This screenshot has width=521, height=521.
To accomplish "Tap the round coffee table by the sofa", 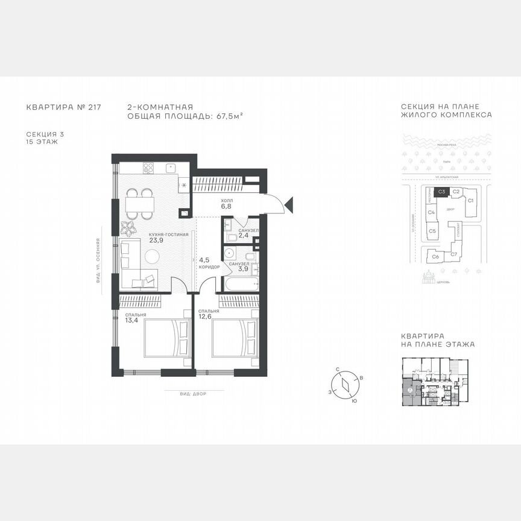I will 151,257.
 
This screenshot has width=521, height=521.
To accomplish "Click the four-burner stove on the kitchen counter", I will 148,167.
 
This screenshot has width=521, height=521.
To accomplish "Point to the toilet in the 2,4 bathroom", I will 229,226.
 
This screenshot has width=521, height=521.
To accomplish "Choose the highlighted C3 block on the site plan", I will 441,192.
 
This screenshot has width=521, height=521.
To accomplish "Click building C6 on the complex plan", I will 435,256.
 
